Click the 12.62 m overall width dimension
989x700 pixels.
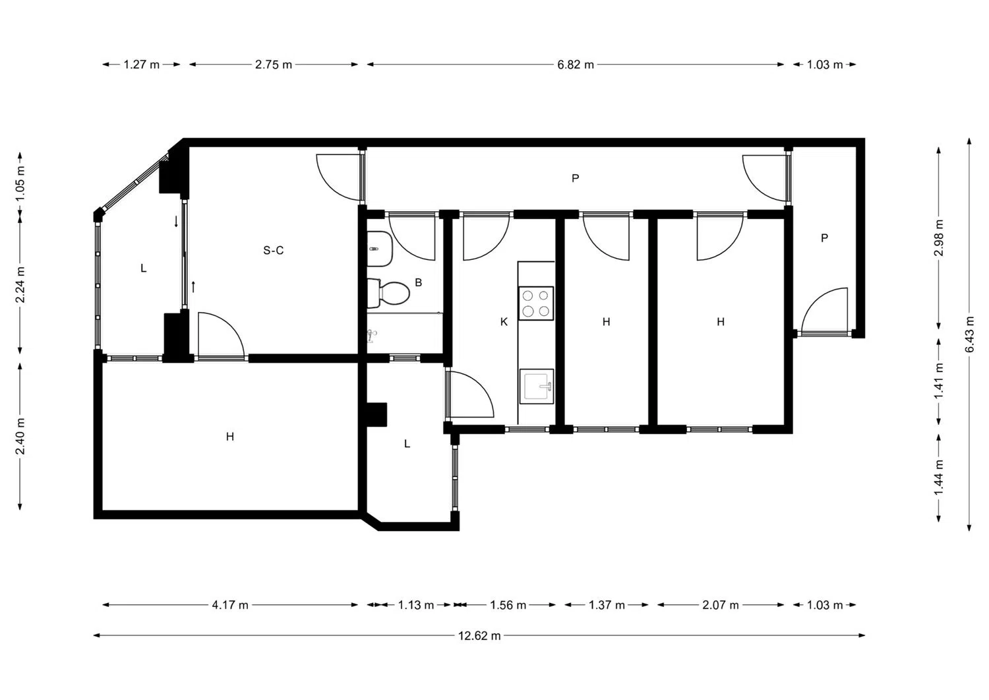pyautogui.click(x=479, y=636)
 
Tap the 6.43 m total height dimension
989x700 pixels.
pyautogui.click(x=970, y=334)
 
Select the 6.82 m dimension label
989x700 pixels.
pyautogui.click(x=576, y=65)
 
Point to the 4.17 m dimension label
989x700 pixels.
pyautogui.click(x=230, y=605)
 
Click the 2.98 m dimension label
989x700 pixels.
pyautogui.click(x=939, y=238)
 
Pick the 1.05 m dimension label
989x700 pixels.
pyautogui.click(x=20, y=183)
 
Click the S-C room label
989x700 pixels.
pyautogui.click(x=274, y=251)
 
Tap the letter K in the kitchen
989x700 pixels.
pyautogui.click(x=504, y=322)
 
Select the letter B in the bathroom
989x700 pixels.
pyautogui.click(x=419, y=282)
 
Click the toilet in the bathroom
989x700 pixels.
pyautogui.click(x=388, y=293)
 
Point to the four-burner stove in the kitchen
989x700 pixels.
pyautogui.click(x=536, y=303)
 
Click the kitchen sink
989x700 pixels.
pyautogui.click(x=537, y=386)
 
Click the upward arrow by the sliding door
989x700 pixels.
pyautogui.click(x=193, y=287)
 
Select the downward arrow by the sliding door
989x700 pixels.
pyautogui.click(x=176, y=221)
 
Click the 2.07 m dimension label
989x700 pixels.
pyautogui.click(x=721, y=605)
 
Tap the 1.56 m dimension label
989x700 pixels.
pyautogui.click(x=508, y=605)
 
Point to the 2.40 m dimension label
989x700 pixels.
pyautogui.click(x=20, y=436)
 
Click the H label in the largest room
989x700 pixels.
pyautogui.click(x=230, y=437)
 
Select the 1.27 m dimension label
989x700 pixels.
pyautogui.click(x=141, y=65)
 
